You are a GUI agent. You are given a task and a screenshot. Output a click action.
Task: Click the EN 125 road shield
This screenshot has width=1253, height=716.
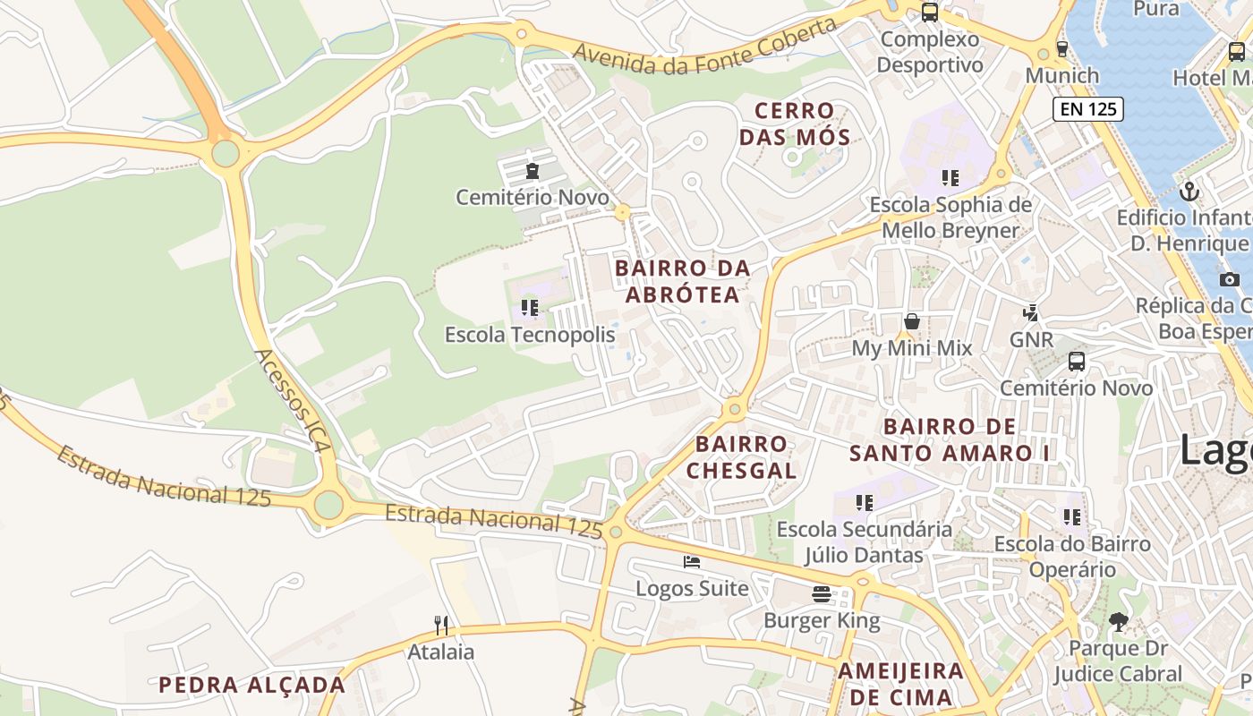pos(1087,109)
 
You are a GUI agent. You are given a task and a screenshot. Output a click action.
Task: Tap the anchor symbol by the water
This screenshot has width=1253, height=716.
pos(1189,191)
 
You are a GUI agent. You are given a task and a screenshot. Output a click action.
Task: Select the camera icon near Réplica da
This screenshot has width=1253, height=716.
pos(1230,279)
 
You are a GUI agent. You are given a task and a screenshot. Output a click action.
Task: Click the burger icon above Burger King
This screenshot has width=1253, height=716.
pos(822,593)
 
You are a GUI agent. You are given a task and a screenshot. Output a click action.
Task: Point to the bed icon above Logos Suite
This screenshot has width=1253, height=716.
pos(692,562)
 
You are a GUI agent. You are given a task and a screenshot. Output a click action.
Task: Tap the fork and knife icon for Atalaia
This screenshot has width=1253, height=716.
pos(440,625)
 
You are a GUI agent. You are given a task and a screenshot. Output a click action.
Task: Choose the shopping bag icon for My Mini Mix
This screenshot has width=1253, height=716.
pos(911,321)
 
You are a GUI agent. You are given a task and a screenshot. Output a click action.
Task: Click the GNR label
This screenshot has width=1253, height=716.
pos(1031,340)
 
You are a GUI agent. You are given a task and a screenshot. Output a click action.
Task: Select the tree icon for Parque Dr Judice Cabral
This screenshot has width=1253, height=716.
pos(1118,621)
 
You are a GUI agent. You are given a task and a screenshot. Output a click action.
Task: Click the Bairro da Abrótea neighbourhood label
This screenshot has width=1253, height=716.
pos(682,281)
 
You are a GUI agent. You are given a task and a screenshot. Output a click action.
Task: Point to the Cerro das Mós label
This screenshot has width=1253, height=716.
pos(794,124)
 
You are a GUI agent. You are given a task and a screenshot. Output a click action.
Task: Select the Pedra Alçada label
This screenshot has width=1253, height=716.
pos(251,686)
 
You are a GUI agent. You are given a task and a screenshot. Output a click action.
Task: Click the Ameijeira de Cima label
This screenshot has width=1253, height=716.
pos(900,684)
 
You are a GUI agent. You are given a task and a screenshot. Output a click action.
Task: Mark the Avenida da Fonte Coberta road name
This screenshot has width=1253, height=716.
pos(704,41)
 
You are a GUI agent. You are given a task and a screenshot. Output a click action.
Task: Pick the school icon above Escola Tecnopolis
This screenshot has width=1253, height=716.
pos(530,308)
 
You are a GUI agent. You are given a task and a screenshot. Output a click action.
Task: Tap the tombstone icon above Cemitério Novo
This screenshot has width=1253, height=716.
pos(533,170)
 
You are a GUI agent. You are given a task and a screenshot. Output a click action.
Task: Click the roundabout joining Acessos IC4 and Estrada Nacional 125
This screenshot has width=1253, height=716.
pos(328,505)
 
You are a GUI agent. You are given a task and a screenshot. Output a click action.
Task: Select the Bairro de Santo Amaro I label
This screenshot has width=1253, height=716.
pos(949,439)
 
